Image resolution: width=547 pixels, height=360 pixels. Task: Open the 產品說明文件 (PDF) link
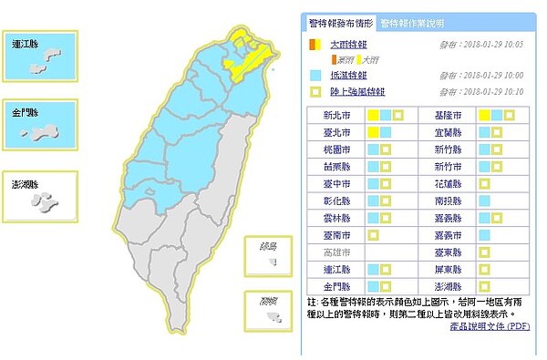[490, 325]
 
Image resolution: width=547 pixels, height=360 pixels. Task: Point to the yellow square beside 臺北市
[373, 133]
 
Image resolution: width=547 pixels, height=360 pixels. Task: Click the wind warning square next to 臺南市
[373, 234]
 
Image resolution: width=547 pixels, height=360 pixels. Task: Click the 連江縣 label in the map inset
[27, 42]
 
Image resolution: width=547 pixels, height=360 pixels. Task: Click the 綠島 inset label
[270, 244]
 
